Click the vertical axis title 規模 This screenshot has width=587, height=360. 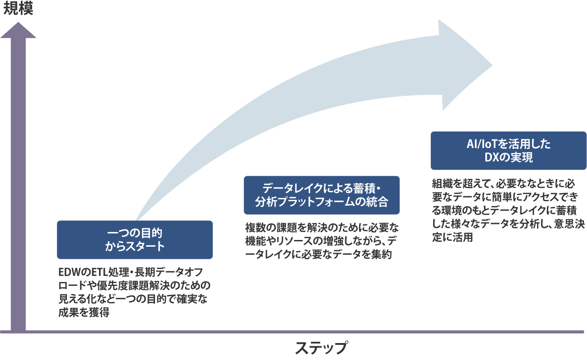[x=18, y=9]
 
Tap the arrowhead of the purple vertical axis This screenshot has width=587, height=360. [x=18, y=30]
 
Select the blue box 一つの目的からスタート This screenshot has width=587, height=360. [x=135, y=240]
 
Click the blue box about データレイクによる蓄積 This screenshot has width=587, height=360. [x=321, y=195]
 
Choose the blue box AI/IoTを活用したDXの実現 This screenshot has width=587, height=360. [x=508, y=150]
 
